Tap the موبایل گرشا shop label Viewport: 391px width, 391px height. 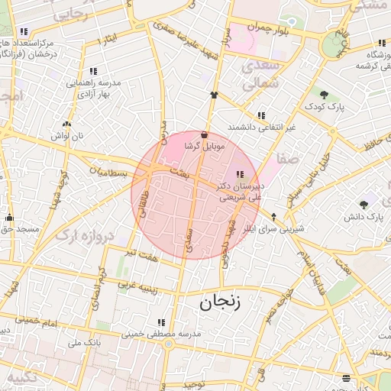click(x=202, y=144)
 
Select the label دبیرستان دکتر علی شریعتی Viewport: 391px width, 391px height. click(x=241, y=191)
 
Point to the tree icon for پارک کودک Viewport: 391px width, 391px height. click(x=325, y=95)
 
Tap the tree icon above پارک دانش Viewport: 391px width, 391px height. click(x=364, y=205)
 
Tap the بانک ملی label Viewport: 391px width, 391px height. click(x=85, y=344)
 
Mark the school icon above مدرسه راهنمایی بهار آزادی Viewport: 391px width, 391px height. click(x=94, y=71)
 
